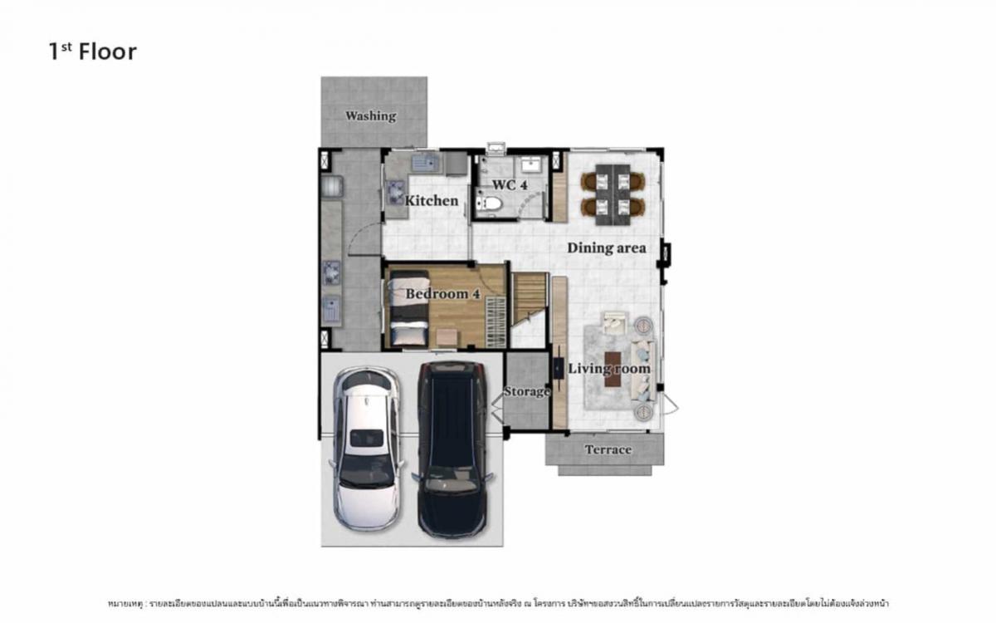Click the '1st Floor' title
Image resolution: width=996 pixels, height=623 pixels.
point(92,52)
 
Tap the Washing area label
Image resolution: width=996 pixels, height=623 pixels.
point(370,115)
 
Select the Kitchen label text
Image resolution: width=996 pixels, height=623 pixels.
point(431,200)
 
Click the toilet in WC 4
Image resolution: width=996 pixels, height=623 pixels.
point(490,202)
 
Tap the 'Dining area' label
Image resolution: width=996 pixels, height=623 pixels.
point(606,248)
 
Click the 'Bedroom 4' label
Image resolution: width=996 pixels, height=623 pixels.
point(442,293)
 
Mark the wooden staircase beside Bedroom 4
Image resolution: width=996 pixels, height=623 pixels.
point(529,300)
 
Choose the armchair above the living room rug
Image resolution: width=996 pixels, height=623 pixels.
point(615,321)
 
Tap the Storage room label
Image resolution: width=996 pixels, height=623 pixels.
point(526,391)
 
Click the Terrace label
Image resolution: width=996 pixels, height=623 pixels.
point(608,449)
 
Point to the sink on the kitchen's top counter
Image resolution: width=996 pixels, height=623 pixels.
point(424,163)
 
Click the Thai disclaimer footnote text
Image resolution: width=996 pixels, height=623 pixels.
point(498,602)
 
